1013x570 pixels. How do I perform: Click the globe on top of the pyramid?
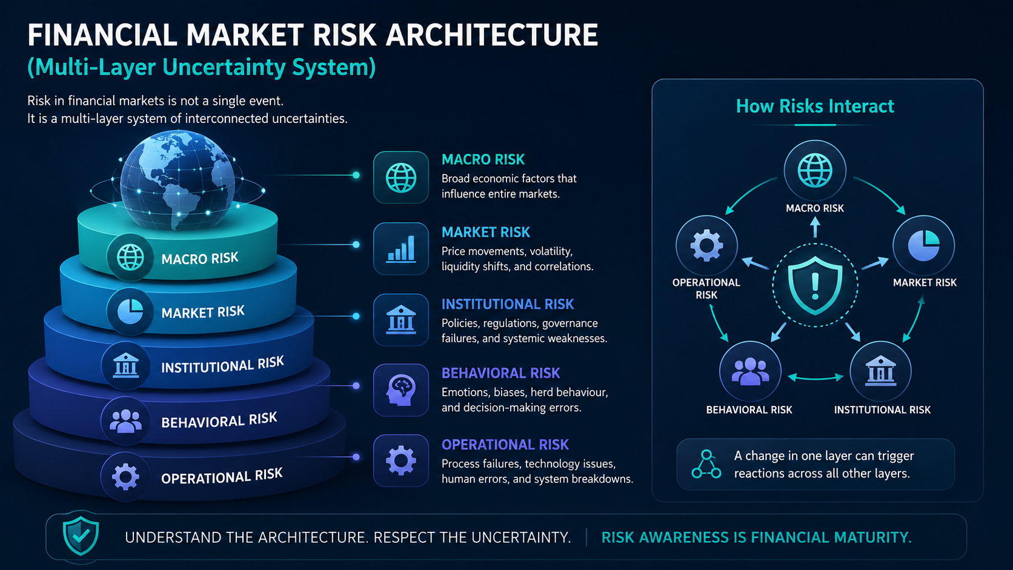[x=178, y=180]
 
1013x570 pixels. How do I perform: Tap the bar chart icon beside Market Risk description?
[x=400, y=248]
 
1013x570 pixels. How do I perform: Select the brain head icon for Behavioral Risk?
[x=400, y=390]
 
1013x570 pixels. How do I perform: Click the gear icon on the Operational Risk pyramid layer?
[x=125, y=477]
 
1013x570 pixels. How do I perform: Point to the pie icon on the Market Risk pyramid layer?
[x=130, y=311]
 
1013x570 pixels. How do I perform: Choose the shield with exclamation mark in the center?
[x=815, y=285]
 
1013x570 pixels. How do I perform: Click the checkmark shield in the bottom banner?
[x=81, y=537]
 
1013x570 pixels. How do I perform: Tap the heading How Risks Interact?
[x=815, y=106]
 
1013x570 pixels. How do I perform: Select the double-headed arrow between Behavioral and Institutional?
[x=815, y=377]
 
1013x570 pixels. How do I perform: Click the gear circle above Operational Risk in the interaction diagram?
[x=706, y=246]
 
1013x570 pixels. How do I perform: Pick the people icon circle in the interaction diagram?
[x=750, y=371]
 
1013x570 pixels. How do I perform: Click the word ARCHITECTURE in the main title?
[x=492, y=35]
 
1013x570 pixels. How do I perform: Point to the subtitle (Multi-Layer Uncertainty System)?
[x=201, y=67]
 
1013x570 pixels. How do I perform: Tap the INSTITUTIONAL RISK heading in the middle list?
[x=507, y=304]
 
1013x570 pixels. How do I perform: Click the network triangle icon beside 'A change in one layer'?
[x=706, y=464]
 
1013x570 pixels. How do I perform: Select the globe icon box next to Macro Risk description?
[x=400, y=177]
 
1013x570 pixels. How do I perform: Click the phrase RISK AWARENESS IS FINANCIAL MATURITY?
[x=757, y=537]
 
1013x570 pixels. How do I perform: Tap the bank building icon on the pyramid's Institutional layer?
[x=125, y=366]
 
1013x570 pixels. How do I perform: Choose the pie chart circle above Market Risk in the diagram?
[x=923, y=246]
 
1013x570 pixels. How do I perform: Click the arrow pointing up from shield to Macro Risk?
[x=815, y=227]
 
